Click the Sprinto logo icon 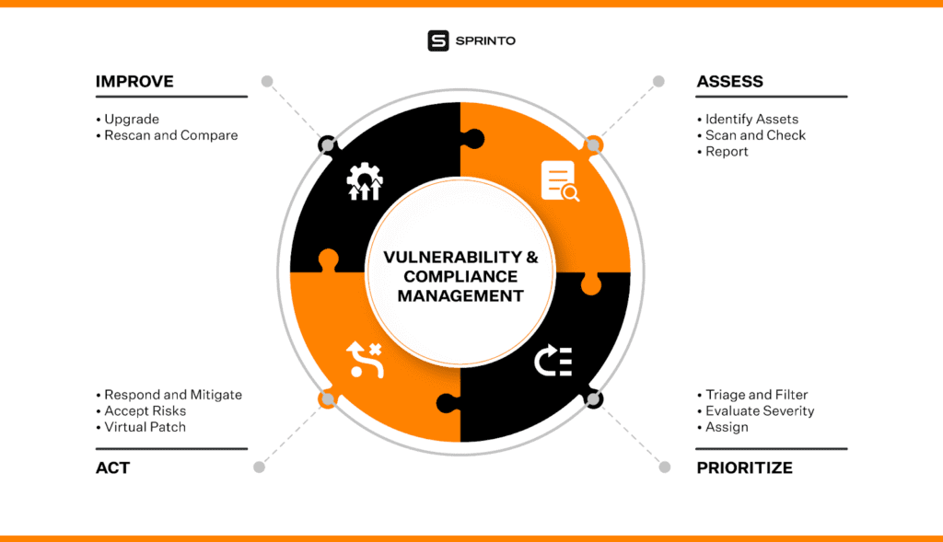(437, 40)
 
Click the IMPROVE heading (134, 82)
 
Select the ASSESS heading (729, 82)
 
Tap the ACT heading (112, 468)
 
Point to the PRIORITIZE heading (744, 468)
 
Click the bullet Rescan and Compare (168, 135)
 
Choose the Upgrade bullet (127, 119)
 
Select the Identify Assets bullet (748, 119)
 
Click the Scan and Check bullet (751, 135)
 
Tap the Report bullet (722, 152)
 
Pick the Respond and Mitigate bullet (169, 395)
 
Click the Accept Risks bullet (141, 411)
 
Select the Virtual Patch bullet (141, 427)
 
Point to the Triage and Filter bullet (752, 395)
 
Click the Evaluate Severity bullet (756, 411)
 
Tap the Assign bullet (723, 427)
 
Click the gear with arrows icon (365, 181)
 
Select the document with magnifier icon (560, 181)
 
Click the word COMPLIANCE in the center (460, 276)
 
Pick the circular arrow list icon (553, 361)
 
